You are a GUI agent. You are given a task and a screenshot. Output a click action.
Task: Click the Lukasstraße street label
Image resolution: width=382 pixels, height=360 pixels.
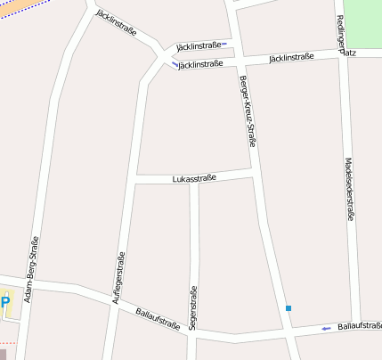pyautogui.click(x=194, y=179)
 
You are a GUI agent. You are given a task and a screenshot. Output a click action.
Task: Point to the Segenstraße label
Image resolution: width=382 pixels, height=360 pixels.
pyautogui.click(x=192, y=307)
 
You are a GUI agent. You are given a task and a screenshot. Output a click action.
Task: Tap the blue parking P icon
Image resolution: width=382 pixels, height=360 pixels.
pyautogui.click(x=4, y=302)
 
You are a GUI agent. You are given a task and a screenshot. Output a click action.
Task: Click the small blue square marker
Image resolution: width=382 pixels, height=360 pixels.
pyautogui.click(x=289, y=308)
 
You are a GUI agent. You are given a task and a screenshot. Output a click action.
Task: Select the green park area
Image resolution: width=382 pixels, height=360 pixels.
pyautogui.click(x=362, y=23)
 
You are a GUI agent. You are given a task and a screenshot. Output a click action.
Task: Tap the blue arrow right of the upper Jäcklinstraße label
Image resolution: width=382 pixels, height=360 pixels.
pyautogui.click(x=224, y=44)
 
